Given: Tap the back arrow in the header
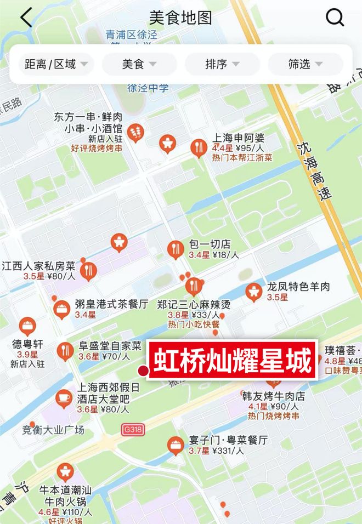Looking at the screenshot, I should pos(26,18).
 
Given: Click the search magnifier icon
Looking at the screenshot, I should pos(335,18).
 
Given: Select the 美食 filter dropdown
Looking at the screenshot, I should pos(139,64).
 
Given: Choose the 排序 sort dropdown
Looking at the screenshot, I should pos(222,64).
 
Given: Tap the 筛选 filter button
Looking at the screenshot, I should pos(305,64).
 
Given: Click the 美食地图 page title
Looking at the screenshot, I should pos(180,18).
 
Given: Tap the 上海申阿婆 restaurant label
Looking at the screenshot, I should pos(239,139).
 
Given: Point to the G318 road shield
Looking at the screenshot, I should pos(133,430).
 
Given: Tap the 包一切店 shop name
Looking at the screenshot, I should pos(210,244).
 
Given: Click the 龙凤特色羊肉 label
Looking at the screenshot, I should pos(298,287).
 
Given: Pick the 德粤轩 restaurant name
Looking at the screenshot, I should pos(27,344).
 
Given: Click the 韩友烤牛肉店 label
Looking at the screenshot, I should pos(273,396).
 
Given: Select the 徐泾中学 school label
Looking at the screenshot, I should pos(148,88).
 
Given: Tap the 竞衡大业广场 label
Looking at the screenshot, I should pos(53,430).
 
